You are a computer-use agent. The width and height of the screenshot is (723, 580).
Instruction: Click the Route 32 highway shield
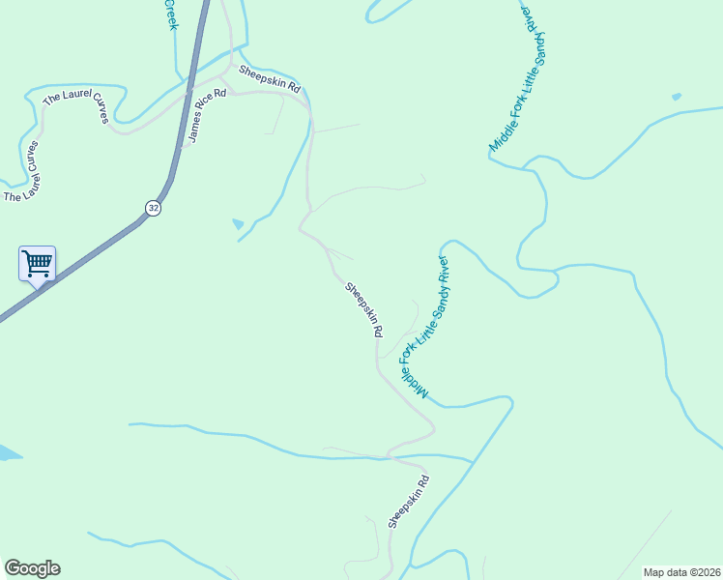point(153,208)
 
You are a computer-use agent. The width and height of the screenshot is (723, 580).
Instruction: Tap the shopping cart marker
point(37,262)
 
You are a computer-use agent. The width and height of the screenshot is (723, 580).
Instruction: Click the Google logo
point(32,568)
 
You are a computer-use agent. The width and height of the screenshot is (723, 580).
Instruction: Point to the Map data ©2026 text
point(680,572)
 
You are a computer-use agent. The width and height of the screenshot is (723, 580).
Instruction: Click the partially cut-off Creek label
point(171,14)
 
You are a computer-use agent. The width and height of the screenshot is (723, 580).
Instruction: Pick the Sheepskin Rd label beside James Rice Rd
point(271,79)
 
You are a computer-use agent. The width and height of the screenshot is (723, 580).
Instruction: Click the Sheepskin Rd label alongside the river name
point(365,308)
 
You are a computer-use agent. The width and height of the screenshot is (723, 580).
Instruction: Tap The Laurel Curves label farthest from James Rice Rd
point(23,172)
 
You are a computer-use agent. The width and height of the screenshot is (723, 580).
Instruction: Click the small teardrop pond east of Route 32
point(238,224)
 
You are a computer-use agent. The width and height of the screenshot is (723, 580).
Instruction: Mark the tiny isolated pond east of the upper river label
point(676,97)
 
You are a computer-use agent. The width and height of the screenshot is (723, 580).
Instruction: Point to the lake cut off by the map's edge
point(7,452)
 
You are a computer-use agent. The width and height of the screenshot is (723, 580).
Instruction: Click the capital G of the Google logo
point(13,568)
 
